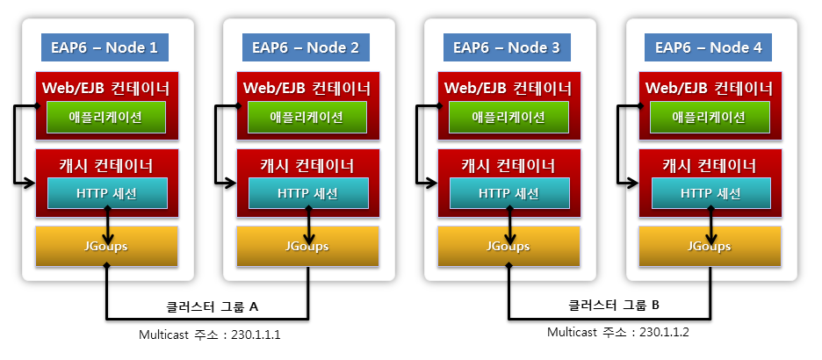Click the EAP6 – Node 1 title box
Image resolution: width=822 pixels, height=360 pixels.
(x=105, y=47)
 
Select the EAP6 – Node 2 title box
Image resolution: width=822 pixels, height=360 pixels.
(x=306, y=47)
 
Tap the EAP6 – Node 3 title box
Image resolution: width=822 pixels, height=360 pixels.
(x=507, y=47)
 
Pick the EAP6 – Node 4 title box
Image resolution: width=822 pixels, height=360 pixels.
(x=708, y=47)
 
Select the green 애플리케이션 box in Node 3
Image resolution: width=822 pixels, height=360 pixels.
(x=508, y=117)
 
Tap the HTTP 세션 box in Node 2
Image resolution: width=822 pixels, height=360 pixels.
(x=307, y=194)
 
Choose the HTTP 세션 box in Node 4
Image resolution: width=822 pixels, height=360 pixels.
(x=710, y=194)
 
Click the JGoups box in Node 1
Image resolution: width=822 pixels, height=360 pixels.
(x=106, y=246)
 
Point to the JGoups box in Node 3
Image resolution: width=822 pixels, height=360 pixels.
(x=508, y=246)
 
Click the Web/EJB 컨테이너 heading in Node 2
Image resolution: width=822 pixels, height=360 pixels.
(x=307, y=89)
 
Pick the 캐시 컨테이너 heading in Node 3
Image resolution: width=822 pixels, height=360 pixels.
(x=508, y=166)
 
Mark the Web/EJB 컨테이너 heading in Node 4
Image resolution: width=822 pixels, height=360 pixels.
(x=710, y=89)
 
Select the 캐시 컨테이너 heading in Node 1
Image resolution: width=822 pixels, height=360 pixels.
(x=106, y=166)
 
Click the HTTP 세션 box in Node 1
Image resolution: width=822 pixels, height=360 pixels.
(x=106, y=194)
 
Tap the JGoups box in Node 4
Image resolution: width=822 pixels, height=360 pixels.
(x=710, y=246)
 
